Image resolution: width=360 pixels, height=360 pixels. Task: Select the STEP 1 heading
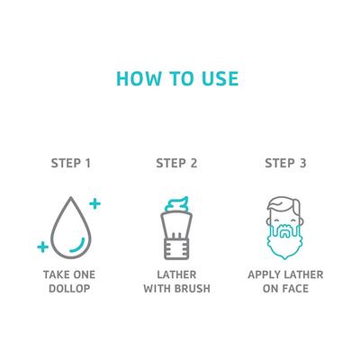[71, 163]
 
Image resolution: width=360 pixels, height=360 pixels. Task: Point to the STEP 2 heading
[176, 163]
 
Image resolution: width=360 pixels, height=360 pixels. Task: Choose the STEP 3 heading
[285, 163]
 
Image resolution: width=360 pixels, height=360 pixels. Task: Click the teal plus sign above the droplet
[94, 204]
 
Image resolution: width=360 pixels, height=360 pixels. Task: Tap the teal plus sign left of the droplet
[43, 247]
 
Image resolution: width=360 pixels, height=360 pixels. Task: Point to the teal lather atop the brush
[177, 204]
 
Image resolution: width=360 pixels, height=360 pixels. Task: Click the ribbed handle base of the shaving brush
[176, 249]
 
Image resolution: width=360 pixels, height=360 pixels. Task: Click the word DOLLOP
[69, 289]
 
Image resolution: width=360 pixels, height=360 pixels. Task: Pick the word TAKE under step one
[56, 274]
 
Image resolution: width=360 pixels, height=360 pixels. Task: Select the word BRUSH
[193, 289]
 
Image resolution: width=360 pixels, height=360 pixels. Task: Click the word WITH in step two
[157, 289]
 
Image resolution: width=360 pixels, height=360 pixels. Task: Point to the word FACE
[296, 289]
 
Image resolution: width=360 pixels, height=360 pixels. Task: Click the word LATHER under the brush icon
[176, 274]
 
